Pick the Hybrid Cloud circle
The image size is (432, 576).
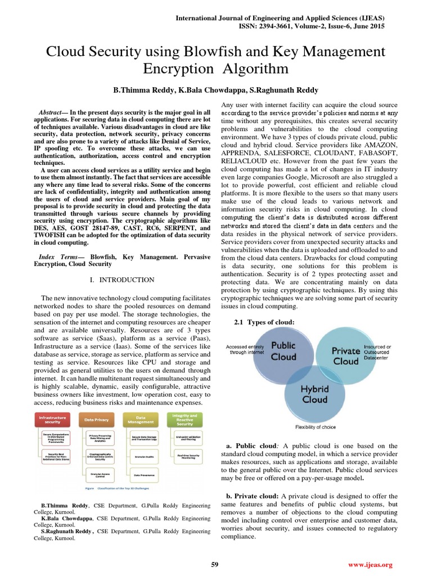[x=314, y=394]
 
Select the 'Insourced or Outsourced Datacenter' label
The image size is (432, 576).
[x=378, y=352]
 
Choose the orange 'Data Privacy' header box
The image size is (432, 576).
[x=96, y=420]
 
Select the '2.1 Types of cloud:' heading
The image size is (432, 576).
[x=264, y=322]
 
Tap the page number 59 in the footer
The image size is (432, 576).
[x=214, y=564]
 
